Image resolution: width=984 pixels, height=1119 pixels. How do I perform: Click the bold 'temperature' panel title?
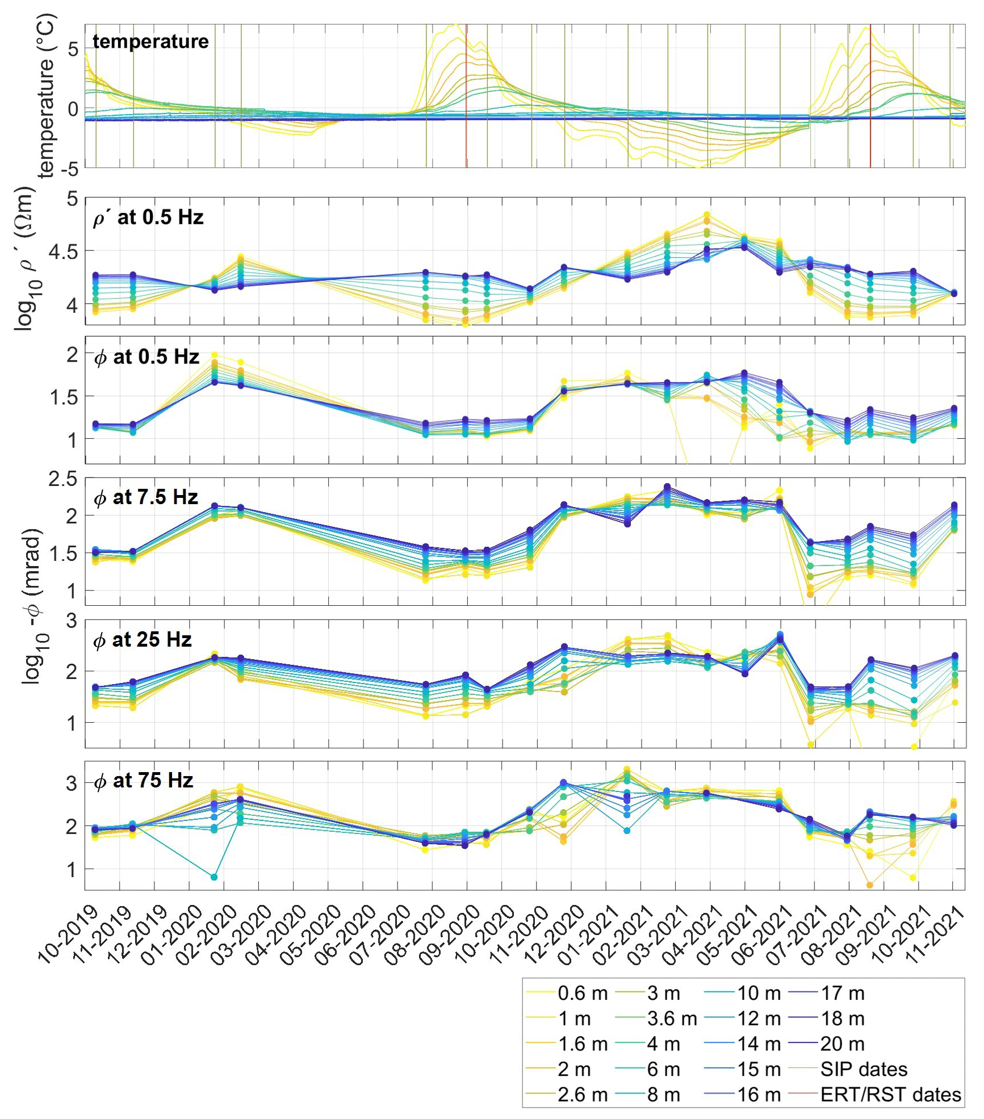coord(150,41)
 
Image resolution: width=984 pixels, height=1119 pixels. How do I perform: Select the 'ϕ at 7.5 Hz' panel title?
coord(146,497)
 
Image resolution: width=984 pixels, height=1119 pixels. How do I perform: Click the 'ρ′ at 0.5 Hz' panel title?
coord(148,217)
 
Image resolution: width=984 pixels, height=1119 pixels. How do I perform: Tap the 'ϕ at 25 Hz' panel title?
coord(143,640)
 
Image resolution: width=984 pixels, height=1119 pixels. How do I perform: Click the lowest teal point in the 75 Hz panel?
coord(214,877)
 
